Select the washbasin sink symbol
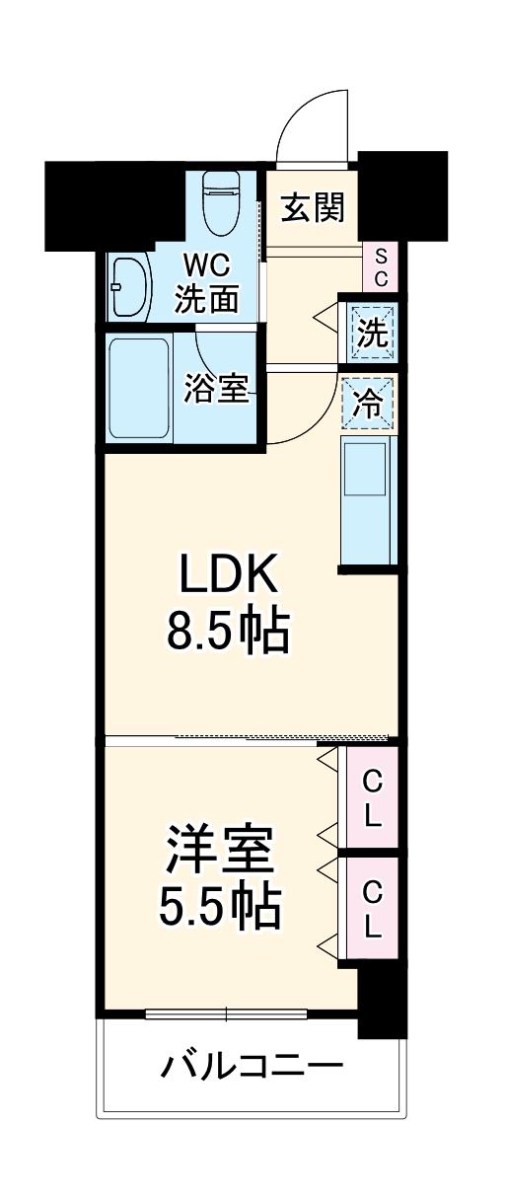point(128,287)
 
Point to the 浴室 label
point(215,388)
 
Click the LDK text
point(229,576)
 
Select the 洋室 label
point(220,850)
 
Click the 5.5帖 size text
point(220,905)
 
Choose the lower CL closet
point(372,909)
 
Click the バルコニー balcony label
point(253,1066)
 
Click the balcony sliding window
point(227,1013)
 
